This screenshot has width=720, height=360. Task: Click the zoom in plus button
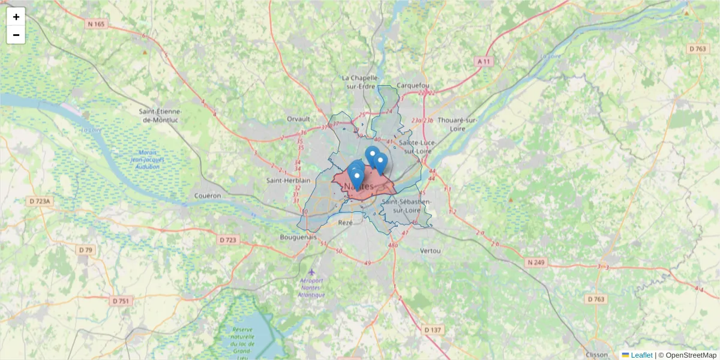point(16,17)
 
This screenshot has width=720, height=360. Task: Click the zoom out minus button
point(16,35)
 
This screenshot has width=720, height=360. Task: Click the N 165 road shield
point(95,24)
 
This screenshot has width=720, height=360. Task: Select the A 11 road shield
point(484,61)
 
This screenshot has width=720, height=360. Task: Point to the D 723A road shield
point(39,202)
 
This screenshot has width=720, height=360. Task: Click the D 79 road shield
point(86,250)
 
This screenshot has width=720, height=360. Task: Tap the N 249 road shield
point(537,262)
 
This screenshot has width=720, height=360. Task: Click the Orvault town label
point(298,119)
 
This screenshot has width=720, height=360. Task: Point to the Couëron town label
point(208,196)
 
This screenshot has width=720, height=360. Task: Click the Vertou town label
point(431,250)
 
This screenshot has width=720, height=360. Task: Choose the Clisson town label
point(598,354)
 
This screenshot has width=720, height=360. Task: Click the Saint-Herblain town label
point(289,180)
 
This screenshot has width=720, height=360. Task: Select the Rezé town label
point(346,223)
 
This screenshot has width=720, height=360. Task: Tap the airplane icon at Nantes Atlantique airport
point(311,272)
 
